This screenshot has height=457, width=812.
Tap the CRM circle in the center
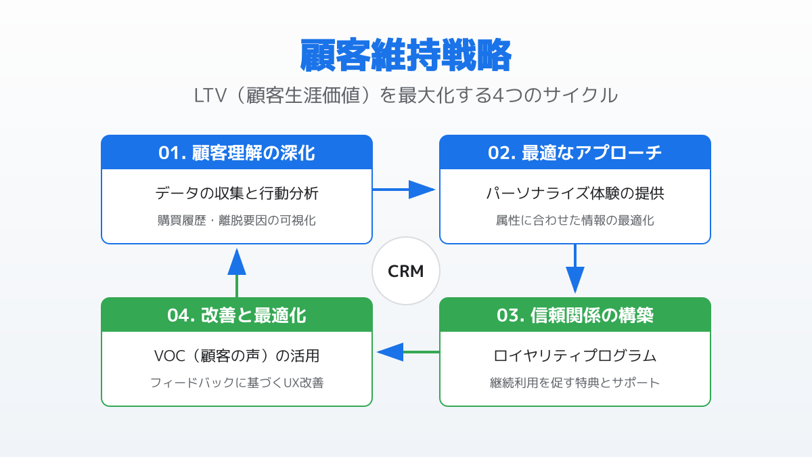(406, 271)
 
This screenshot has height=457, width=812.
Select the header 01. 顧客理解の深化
(237, 153)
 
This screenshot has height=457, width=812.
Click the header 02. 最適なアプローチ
(575, 153)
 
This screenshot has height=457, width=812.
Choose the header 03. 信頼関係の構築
(575, 315)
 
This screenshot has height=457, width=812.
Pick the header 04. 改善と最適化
(237, 315)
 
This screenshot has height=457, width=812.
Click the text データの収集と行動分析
(237, 194)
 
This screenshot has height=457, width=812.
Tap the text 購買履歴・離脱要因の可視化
(237, 220)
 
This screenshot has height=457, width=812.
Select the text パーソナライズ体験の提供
(575, 194)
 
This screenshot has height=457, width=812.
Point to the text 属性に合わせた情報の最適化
(575, 220)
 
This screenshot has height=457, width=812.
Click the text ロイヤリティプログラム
(575, 356)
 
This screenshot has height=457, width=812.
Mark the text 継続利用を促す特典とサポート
(575, 383)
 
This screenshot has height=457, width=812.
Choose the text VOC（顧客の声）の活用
(237, 356)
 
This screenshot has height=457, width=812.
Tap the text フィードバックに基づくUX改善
(237, 383)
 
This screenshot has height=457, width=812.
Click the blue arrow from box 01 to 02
(406, 190)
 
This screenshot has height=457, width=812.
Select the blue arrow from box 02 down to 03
(575, 269)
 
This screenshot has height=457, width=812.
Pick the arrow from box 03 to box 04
(406, 352)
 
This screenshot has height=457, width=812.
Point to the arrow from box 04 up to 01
(237, 271)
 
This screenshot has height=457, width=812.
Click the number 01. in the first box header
(172, 153)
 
